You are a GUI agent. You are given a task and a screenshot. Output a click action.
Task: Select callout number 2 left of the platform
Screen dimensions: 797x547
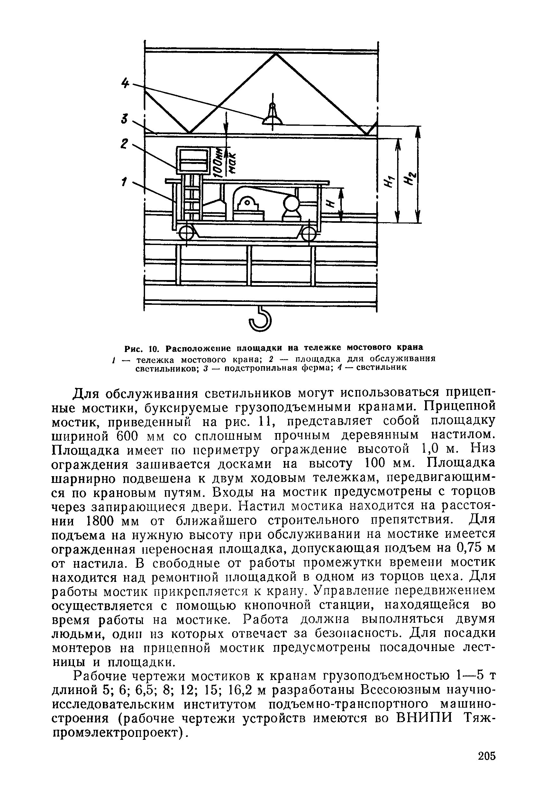coord(124,143)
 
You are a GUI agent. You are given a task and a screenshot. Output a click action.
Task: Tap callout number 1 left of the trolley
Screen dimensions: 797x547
coord(124,182)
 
